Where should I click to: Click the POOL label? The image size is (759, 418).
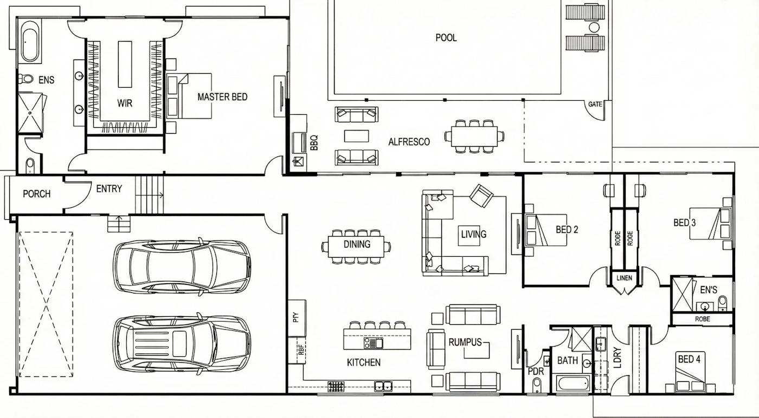(446, 37)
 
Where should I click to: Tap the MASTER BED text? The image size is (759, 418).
(222, 97)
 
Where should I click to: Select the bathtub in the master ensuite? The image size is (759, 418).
(30, 45)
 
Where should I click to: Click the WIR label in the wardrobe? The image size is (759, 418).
(125, 103)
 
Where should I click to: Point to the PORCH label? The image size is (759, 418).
(37, 194)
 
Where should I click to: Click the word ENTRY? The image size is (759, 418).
(109, 189)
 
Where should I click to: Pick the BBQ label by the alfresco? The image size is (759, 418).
(314, 142)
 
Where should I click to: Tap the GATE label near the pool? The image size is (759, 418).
(595, 104)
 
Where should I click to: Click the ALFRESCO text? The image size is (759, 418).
(409, 142)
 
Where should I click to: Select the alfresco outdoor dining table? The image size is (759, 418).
(474, 136)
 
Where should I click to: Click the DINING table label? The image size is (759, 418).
(357, 244)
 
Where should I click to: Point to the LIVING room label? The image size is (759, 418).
(474, 234)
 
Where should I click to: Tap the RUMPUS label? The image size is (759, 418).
(465, 342)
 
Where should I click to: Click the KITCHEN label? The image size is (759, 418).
(364, 362)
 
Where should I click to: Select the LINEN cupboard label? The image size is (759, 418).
(624, 278)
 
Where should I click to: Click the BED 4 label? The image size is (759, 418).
(689, 359)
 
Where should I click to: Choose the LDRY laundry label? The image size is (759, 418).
(618, 357)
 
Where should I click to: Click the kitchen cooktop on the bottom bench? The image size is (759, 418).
(336, 387)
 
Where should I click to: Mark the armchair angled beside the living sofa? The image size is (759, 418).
(481, 195)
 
